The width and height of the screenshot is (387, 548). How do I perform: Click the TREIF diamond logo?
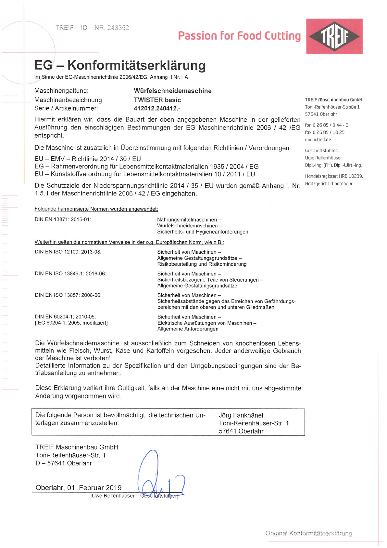tap(334, 36)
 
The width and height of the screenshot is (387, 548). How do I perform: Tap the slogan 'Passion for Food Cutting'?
tap(239, 36)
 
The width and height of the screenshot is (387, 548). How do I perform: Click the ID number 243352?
tap(118, 28)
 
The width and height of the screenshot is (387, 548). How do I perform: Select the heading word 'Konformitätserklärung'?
tap(136, 65)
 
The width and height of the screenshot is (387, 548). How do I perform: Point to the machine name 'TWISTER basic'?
tap(157, 100)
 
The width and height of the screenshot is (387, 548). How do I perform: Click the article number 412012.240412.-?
tap(157, 108)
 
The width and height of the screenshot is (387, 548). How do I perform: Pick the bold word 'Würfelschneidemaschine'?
tap(172, 91)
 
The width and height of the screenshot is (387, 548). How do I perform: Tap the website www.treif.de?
tap(318, 140)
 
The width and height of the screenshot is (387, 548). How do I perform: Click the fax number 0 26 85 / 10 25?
tap(328, 132)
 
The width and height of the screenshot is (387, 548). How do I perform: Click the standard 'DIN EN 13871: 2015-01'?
tap(63, 219)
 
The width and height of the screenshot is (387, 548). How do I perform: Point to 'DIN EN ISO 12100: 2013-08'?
tap(68, 252)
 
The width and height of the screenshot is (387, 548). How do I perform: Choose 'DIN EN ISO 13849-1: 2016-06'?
tap(70, 274)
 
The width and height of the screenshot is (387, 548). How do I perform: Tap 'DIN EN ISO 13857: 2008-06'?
tap(68, 295)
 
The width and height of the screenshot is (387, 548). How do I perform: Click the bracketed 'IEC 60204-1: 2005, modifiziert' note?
tap(71, 323)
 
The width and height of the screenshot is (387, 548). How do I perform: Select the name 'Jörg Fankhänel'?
tap(241, 415)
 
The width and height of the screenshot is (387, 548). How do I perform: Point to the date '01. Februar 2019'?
tap(94, 488)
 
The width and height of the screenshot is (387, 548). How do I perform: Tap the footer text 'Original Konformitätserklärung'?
tap(308, 533)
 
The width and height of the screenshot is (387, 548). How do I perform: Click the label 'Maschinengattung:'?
tap(61, 91)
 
